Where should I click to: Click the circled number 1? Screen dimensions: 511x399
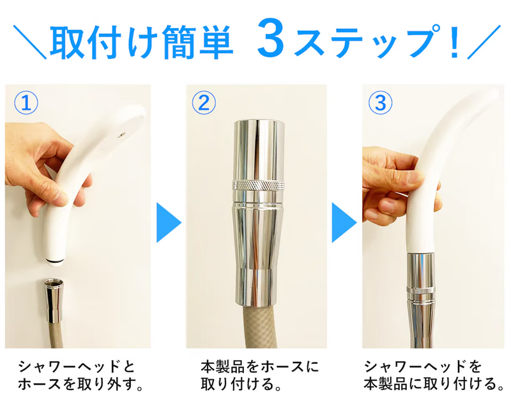click(x=26, y=102)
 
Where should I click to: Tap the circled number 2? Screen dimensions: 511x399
click(x=204, y=102)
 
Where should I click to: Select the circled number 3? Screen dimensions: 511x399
click(x=380, y=102)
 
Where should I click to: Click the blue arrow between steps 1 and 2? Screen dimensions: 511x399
click(x=169, y=223)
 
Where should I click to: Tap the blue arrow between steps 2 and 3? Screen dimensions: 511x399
click(x=344, y=223)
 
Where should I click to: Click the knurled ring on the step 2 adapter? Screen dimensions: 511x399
click(x=258, y=185)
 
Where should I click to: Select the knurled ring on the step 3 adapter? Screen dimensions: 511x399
click(x=421, y=290)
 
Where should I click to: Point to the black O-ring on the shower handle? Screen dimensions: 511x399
click(x=56, y=261)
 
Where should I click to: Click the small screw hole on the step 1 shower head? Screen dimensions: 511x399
click(x=121, y=134)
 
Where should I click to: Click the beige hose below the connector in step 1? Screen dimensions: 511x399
click(x=55, y=336)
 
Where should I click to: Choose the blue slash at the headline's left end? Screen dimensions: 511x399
click(x=29, y=42)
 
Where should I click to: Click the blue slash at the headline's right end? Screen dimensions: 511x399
click(x=484, y=42)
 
